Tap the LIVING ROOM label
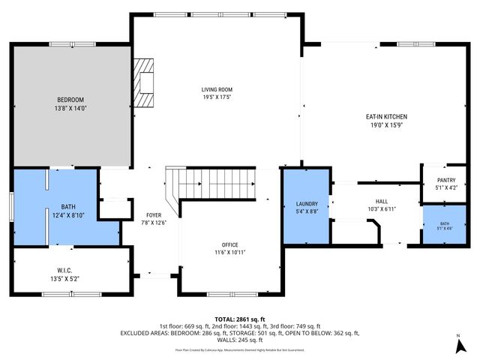pyautogui.click(x=216, y=89)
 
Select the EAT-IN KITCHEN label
pyautogui.click(x=386, y=117)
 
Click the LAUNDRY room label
pyautogui.click(x=307, y=204)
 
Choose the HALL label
pyautogui.click(x=382, y=202)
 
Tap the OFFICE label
pyautogui.click(x=229, y=244)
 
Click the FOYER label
pyautogui.click(x=154, y=215)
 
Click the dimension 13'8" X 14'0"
pyautogui.click(x=70, y=108)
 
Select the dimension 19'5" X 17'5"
pyautogui.click(x=216, y=97)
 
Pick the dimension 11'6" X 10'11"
pyautogui.click(x=229, y=252)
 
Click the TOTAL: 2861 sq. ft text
pyautogui.click(x=239, y=319)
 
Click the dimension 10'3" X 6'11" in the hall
pyautogui.click(x=382, y=209)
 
